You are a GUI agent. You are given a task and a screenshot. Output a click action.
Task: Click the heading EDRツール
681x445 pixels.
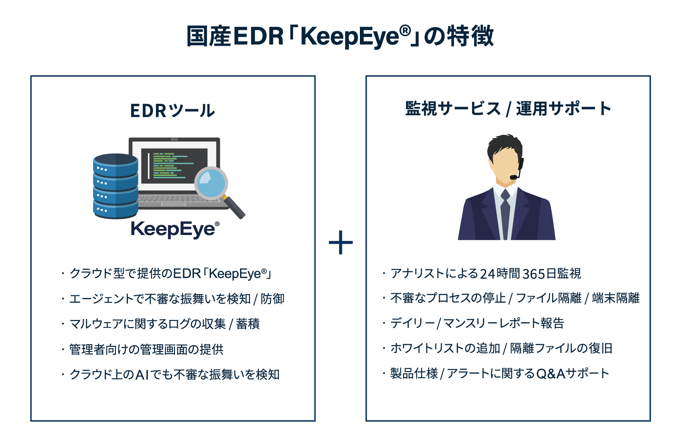click(172, 110)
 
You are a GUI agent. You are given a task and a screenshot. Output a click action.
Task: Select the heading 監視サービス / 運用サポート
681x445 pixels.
click(508, 109)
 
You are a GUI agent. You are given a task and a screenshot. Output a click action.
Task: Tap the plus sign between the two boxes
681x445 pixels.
click(341, 242)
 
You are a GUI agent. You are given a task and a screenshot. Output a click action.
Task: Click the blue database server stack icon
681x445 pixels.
click(116, 186)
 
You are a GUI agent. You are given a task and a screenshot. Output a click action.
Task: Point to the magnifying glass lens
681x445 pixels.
click(211, 183)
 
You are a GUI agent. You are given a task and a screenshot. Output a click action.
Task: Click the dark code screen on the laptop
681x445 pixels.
click(174, 166)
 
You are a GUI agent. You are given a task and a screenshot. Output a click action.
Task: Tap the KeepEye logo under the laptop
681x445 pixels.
click(175, 229)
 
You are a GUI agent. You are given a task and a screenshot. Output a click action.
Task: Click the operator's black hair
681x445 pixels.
click(505, 146)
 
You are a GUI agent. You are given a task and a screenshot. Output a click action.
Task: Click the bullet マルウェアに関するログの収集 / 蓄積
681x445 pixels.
click(165, 324)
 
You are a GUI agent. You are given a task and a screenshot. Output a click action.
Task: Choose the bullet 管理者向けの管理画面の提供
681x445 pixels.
click(147, 349)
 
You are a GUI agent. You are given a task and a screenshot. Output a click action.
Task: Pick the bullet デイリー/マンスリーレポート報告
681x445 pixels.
click(477, 323)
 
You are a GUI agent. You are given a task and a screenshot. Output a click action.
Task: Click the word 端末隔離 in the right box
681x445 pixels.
click(615, 298)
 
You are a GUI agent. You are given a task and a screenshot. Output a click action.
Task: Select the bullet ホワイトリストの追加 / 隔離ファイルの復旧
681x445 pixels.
click(501, 348)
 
